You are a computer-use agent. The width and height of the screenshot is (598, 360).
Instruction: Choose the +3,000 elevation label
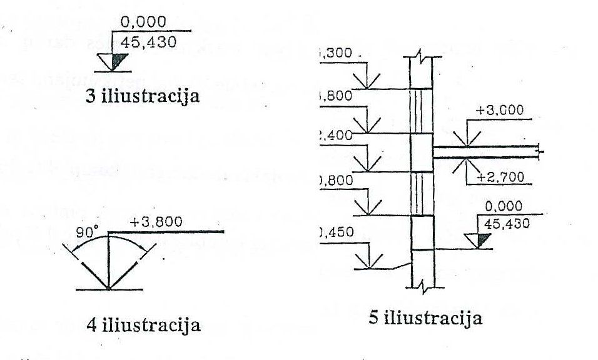(x=499, y=111)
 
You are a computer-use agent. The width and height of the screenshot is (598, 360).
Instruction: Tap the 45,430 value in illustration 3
(x=145, y=42)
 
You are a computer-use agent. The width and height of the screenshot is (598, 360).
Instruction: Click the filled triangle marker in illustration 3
(x=119, y=61)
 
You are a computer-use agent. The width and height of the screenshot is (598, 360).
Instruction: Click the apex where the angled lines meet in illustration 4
(x=109, y=289)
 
